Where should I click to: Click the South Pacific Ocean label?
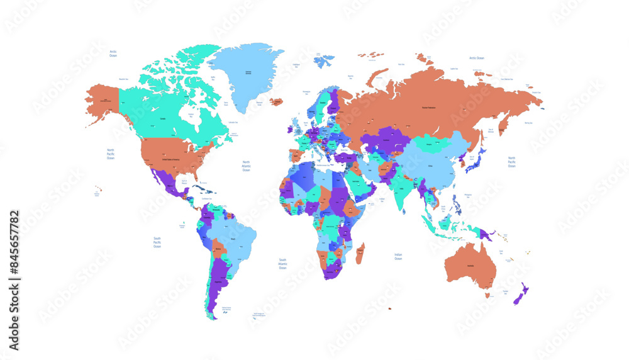coord(157,242)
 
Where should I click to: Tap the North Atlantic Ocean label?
coord(247,166)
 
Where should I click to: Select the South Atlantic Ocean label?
coord(283,263)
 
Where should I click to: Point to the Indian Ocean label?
coord(398,256)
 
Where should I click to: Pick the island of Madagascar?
coord(360,254)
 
